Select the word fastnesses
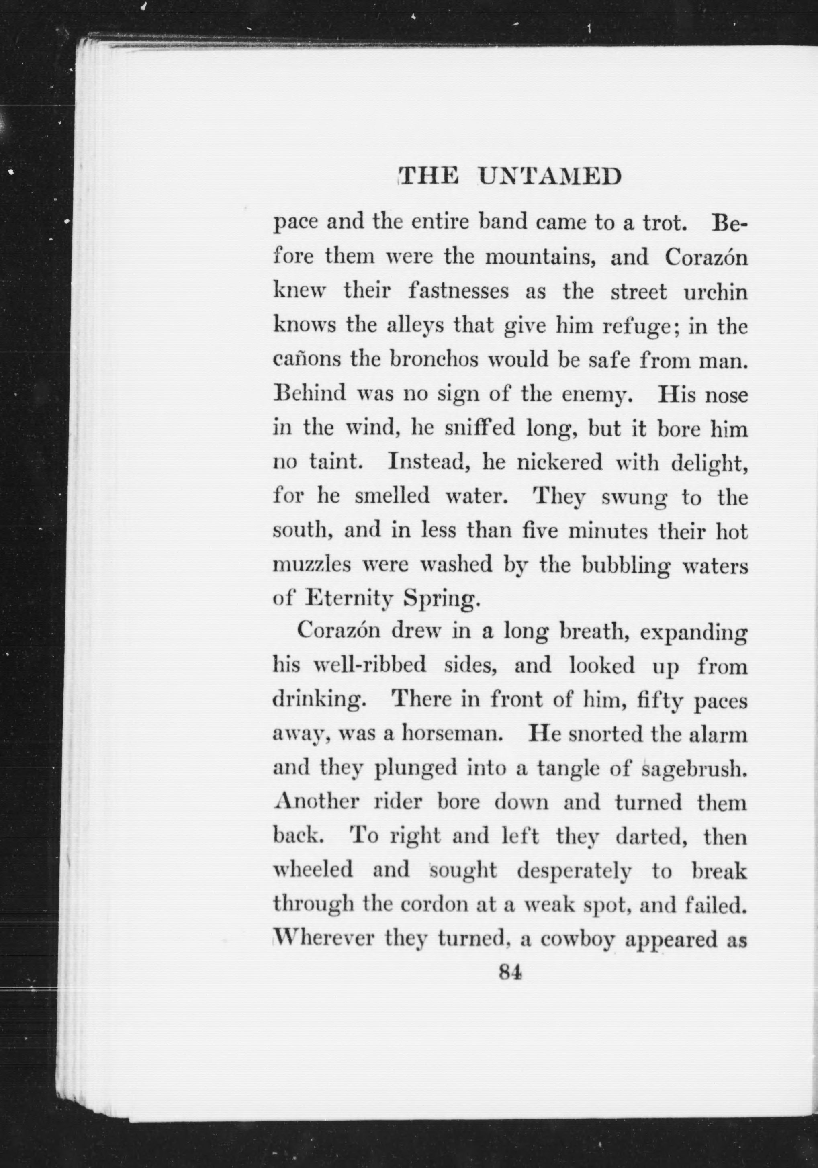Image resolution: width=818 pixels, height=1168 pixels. click(458, 292)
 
